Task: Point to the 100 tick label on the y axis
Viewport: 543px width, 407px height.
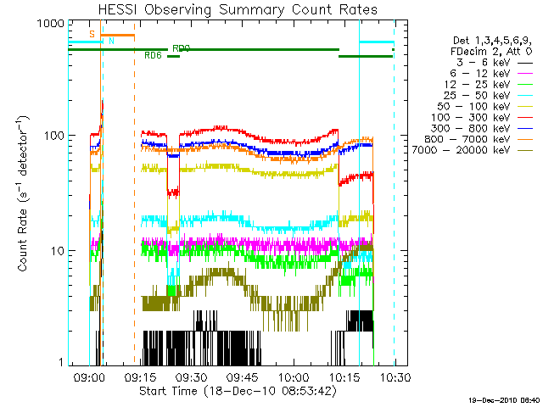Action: pos(54,137)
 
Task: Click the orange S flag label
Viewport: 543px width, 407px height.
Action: pos(92,34)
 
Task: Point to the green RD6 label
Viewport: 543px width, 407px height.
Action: pos(153,56)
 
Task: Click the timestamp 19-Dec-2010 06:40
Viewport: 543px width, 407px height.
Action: pos(504,399)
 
